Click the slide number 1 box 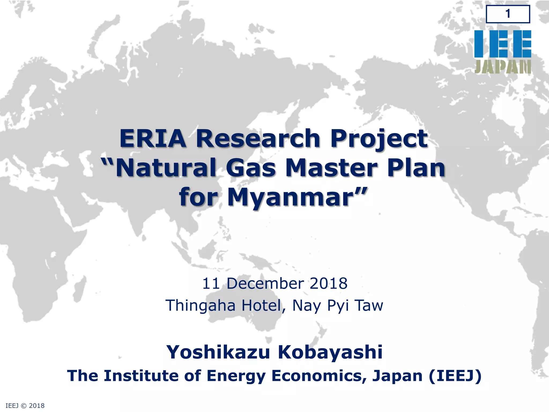[x=508, y=14]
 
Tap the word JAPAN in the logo [x=503, y=67]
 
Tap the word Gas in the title [x=251, y=168]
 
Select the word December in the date [x=266, y=284]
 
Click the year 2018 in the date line [x=328, y=284]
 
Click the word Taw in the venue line [x=369, y=305]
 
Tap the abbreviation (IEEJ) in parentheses [x=455, y=376]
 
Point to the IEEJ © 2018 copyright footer [x=25, y=406]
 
